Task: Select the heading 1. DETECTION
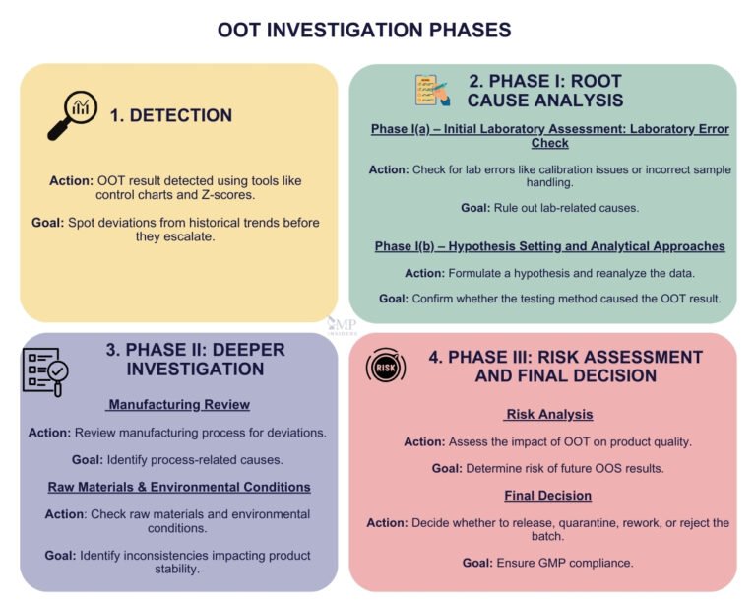point(170,115)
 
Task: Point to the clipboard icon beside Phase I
point(431,90)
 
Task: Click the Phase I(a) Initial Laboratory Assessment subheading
point(549,136)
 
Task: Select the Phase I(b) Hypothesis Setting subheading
point(549,245)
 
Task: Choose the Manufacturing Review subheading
point(179,404)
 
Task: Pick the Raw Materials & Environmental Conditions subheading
point(179,487)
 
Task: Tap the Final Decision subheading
point(548,495)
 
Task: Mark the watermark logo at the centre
point(343,326)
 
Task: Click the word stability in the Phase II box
point(179,569)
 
